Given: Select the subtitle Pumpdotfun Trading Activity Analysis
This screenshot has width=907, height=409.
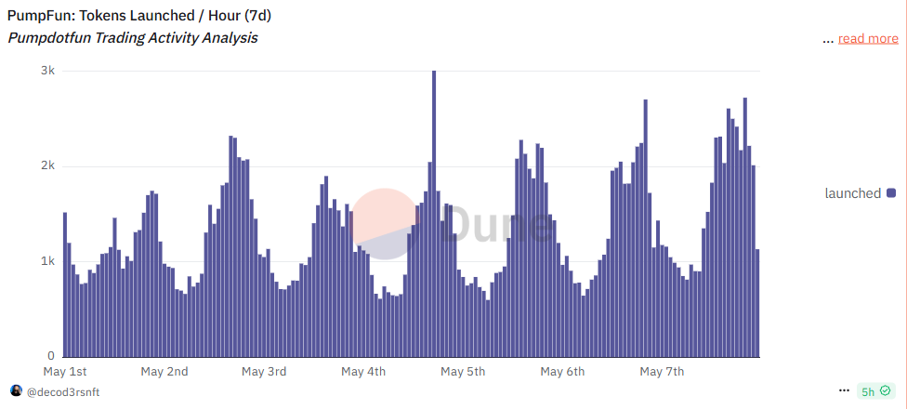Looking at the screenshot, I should [x=133, y=38].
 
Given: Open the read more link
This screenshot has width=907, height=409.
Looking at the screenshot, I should [x=868, y=38].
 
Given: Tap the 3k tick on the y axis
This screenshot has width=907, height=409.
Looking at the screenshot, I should [x=46, y=71].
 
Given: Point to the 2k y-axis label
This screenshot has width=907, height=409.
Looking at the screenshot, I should [x=46, y=165].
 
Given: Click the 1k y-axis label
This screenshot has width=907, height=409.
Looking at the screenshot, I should [x=46, y=261].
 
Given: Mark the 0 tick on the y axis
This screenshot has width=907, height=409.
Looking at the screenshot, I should [x=52, y=356].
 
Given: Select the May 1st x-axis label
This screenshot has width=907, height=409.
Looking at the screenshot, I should [x=65, y=372].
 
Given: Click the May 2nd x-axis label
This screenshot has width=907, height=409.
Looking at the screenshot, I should [x=164, y=372].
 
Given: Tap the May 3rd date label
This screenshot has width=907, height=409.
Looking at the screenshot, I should [x=264, y=372].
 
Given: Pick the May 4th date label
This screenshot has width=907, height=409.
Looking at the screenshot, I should [x=363, y=372].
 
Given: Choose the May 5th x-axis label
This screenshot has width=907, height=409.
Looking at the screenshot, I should [x=463, y=372].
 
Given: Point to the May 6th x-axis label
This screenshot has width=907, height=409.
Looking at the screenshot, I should [x=562, y=372].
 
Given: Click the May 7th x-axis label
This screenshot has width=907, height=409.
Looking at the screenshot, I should [x=662, y=372].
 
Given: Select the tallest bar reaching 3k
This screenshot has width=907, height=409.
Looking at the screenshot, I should [x=434, y=214].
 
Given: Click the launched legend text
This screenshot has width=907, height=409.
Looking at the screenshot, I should [x=852, y=193].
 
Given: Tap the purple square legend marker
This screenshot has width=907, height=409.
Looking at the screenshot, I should [x=891, y=193].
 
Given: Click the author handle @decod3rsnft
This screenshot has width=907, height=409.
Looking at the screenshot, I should [x=63, y=391].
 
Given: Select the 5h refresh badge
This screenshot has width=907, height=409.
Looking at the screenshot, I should [x=874, y=391].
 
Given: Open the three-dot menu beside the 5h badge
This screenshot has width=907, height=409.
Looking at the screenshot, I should [x=844, y=391].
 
